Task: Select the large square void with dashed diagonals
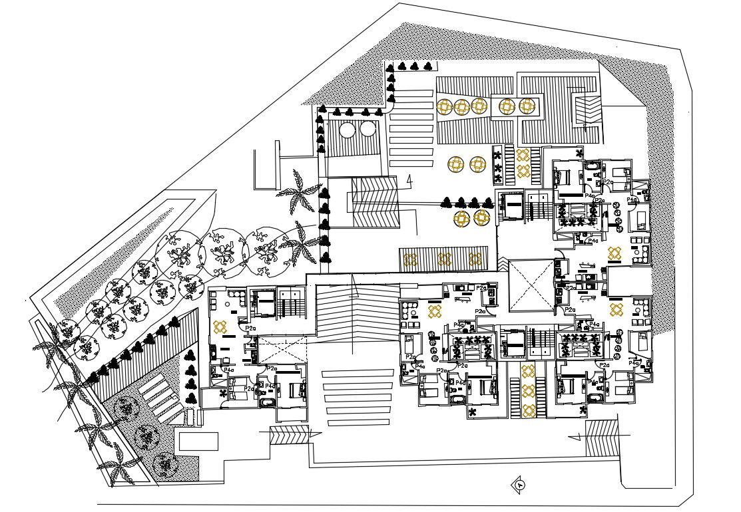(x=531, y=284)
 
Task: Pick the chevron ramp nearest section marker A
(x=602, y=438)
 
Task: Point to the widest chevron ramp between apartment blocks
(x=356, y=313)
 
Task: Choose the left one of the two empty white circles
(x=348, y=130)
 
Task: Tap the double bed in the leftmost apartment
(x=291, y=392)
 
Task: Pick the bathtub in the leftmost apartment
(x=265, y=404)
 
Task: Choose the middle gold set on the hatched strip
(x=444, y=259)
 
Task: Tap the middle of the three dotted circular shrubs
(x=145, y=436)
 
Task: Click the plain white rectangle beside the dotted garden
(x=197, y=440)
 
